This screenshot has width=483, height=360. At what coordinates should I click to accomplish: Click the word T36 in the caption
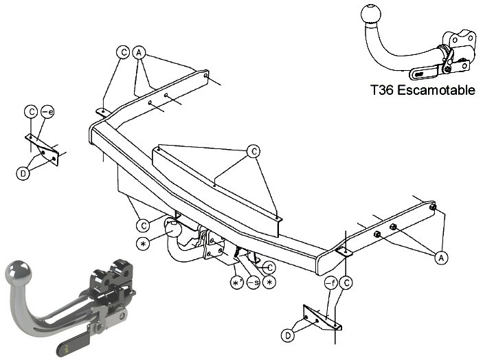(382, 90)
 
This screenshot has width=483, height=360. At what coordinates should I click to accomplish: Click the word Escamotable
(436, 90)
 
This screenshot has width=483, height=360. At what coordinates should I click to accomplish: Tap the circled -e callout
(47, 111)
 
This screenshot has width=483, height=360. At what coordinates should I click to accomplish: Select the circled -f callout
(331, 282)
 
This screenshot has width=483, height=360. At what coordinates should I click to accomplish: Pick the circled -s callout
(254, 282)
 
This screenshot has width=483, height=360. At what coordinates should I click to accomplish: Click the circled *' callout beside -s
(237, 282)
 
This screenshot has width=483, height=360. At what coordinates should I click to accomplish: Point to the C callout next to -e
(31, 111)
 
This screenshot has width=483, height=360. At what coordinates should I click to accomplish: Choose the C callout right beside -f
(347, 282)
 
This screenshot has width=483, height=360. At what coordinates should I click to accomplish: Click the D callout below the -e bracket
(23, 174)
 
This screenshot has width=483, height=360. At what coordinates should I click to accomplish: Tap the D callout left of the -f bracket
(288, 335)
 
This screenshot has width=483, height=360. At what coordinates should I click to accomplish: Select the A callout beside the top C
(139, 53)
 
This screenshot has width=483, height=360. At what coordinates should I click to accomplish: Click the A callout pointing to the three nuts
(441, 258)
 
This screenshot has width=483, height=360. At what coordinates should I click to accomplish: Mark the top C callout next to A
(123, 52)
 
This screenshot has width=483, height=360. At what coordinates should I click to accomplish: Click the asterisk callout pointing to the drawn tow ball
(143, 244)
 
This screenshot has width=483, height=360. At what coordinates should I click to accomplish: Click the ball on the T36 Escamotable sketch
(370, 13)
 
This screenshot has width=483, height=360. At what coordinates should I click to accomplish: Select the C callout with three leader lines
(254, 151)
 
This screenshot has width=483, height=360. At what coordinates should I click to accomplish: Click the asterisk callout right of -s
(269, 282)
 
